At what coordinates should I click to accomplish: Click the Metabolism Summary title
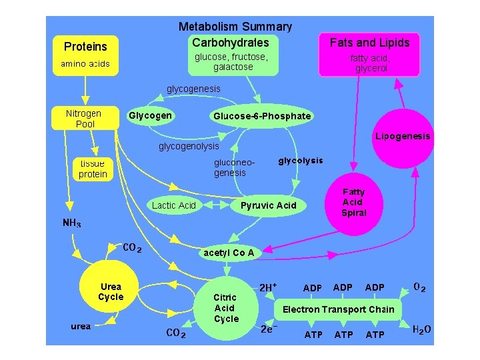pyautogui.click(x=235, y=27)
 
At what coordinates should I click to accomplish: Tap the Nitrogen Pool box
pyautogui.click(x=83, y=118)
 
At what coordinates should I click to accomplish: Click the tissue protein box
pyautogui.click(x=93, y=169)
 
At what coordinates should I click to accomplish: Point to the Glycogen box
pyautogui.click(x=150, y=115)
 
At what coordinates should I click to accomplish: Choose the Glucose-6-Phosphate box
pyautogui.click(x=261, y=116)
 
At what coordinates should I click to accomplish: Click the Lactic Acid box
pyautogui.click(x=173, y=205)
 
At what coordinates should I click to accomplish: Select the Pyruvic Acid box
pyautogui.click(x=267, y=205)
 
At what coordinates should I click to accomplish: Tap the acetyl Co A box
pyautogui.click(x=228, y=253)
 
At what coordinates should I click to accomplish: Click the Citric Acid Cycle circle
pyautogui.click(x=226, y=309)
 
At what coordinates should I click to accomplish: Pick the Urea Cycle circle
pyautogui.click(x=111, y=293)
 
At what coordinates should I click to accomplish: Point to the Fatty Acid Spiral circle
pyautogui.click(x=353, y=203)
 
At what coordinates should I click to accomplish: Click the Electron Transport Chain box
pyautogui.click(x=338, y=309)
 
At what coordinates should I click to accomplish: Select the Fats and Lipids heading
pyautogui.click(x=369, y=43)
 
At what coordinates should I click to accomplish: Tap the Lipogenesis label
pyautogui.click(x=403, y=137)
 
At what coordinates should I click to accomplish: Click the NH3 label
pyautogui.click(x=72, y=223)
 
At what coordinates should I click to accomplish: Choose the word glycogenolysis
pyautogui.click(x=189, y=146)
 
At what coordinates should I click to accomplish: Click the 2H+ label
pyautogui.click(x=268, y=287)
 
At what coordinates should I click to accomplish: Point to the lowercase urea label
pyautogui.click(x=81, y=326)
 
